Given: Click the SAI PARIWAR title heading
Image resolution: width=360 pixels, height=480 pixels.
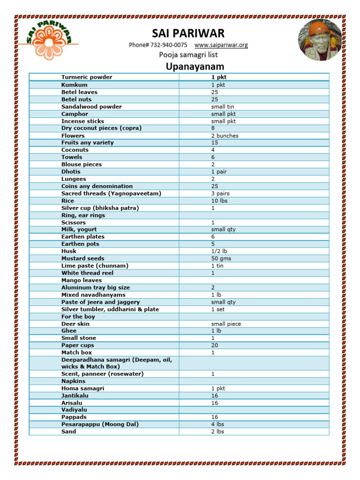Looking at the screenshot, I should (188, 33).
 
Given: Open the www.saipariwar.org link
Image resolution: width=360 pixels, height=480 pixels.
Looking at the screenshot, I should (221, 45).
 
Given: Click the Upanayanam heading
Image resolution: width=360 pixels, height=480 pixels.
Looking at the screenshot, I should (188, 67).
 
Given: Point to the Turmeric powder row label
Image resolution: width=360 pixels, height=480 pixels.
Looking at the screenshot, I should (87, 77).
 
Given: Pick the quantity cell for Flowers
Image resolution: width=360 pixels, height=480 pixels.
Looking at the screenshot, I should (225, 135).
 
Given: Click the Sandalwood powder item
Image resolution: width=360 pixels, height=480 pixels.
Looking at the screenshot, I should (91, 106).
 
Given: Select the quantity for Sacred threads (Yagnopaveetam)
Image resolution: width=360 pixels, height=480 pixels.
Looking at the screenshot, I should (220, 193).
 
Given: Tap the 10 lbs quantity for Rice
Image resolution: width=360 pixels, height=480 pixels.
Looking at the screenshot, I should (219, 201).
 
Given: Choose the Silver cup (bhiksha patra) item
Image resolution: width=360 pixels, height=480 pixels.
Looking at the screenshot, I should (100, 208).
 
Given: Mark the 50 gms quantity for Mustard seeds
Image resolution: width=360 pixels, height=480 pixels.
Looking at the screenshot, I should (221, 258).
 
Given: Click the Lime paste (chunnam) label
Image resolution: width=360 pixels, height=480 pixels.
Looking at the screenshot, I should (95, 265).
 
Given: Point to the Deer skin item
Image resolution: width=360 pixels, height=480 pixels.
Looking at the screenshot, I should (75, 323).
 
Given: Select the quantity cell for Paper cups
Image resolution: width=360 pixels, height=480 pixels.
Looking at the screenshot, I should (215, 345).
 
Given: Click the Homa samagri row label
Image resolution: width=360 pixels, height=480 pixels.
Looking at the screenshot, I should (82, 388).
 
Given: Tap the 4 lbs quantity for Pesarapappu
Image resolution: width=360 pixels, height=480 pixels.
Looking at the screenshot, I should (217, 424).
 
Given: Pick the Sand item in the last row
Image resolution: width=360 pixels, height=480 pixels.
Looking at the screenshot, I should (68, 431).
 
